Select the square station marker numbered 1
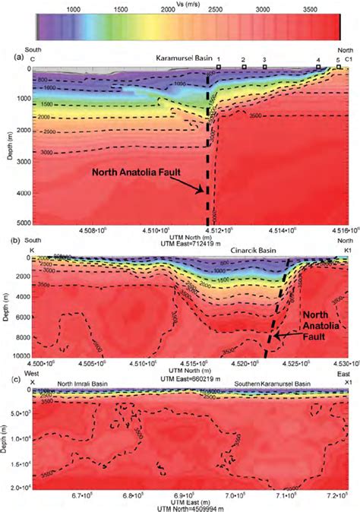point(219,68)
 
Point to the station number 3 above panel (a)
point(264,59)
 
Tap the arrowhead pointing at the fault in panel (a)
point(203,191)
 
